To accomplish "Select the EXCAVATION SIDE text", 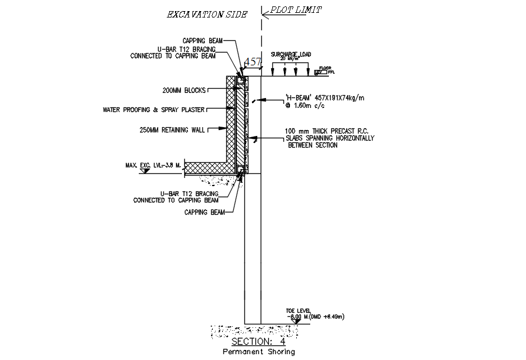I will click(x=206, y=14).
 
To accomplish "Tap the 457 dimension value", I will click(x=253, y=61).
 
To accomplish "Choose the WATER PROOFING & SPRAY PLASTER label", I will click(x=153, y=109).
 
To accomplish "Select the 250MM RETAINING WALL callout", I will click(x=172, y=130).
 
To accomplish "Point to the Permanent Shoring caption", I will click(x=258, y=352).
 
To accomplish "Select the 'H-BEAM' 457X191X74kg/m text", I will click(x=325, y=97).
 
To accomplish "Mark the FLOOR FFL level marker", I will click(x=325, y=71).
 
